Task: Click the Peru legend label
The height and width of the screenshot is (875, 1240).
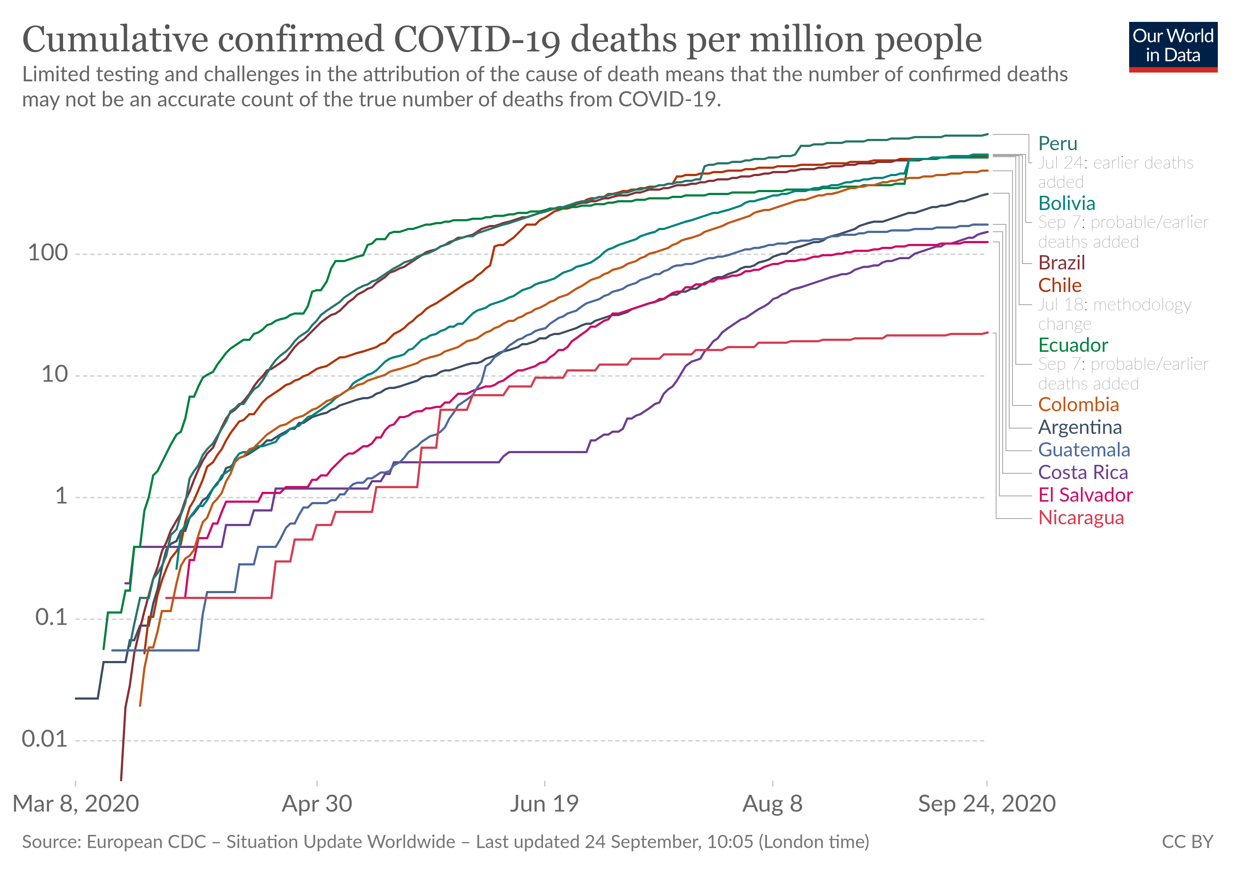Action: click(1057, 144)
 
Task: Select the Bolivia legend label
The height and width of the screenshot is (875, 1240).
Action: click(1067, 203)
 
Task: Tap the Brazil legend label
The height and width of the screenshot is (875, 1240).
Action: click(1061, 263)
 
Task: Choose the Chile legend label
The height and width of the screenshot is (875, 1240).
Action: click(1059, 285)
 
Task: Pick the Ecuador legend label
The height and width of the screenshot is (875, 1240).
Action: click(1073, 345)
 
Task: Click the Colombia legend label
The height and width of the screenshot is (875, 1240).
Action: click(1078, 405)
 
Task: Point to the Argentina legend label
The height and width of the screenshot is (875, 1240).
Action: click(1080, 428)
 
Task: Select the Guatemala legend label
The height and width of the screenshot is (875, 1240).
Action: click(1084, 450)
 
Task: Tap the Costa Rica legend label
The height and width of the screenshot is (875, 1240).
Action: click(1083, 473)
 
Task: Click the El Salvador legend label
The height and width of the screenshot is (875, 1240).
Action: click(1085, 495)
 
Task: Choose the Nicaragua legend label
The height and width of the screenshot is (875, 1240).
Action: click(1081, 518)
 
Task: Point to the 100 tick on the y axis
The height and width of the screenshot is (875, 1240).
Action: click(48, 253)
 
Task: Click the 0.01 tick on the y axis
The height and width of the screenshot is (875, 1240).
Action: click(45, 739)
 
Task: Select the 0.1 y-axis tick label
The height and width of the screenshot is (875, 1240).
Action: click(52, 618)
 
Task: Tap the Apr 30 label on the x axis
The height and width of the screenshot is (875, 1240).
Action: click(317, 804)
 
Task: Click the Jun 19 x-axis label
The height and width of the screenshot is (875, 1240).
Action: click(545, 804)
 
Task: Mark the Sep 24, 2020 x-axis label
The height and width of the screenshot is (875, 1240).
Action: click(987, 804)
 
